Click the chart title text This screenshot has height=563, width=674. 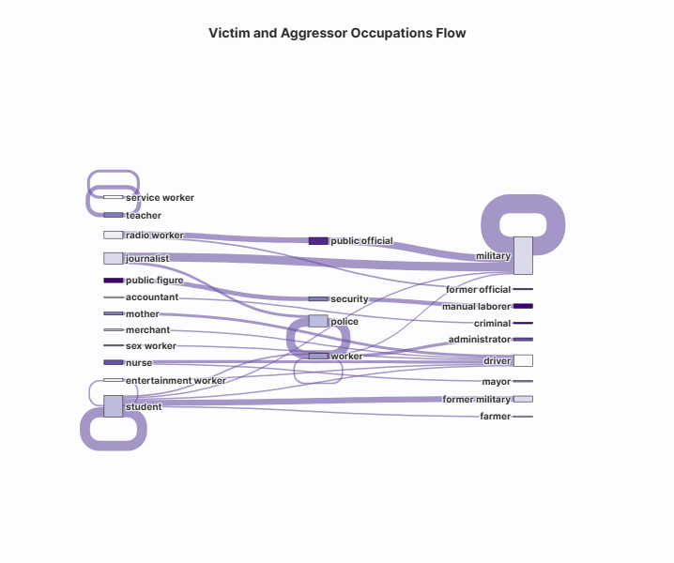(x=337, y=33)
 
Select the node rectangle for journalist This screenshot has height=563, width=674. (x=114, y=258)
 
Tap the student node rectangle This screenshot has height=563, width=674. (x=114, y=406)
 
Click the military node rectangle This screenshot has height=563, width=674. (x=523, y=255)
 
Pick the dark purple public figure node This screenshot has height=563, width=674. (x=114, y=281)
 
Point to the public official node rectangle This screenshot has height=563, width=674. (x=318, y=241)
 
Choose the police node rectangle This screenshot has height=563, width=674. (x=318, y=321)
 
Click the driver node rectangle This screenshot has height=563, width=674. (x=523, y=360)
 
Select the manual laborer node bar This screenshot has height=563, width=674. (x=523, y=306)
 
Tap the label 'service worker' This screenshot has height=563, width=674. (x=160, y=198)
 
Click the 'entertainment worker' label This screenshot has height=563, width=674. (x=176, y=381)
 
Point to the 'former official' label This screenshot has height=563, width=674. (x=479, y=290)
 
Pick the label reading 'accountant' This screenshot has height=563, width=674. (x=152, y=297)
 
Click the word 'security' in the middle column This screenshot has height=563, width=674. (x=349, y=299)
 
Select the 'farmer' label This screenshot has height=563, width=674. (x=496, y=416)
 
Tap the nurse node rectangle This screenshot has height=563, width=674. (x=114, y=362)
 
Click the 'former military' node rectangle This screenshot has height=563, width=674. (x=523, y=399)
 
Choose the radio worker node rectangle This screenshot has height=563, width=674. (x=114, y=235)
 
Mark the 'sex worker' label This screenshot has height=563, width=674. (x=151, y=346)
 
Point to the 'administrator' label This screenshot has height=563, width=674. (x=480, y=339)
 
